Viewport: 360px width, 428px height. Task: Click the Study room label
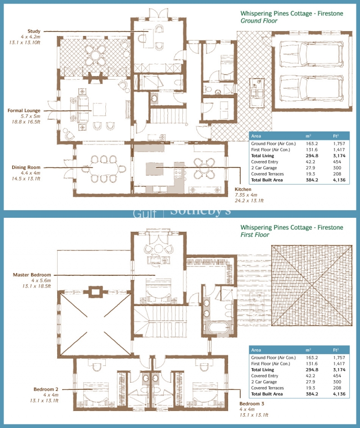click(x=34, y=31)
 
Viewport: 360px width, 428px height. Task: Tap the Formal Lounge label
click(x=24, y=111)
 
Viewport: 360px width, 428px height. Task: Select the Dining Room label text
click(x=26, y=167)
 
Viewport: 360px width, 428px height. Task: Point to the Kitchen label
click(x=243, y=189)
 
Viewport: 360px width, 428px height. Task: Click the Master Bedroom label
click(x=32, y=275)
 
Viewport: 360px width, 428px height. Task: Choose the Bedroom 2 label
click(x=46, y=389)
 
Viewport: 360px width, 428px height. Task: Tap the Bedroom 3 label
click(x=252, y=403)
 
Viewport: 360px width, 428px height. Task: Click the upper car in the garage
click(x=311, y=54)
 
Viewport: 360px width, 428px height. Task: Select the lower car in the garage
click(x=311, y=88)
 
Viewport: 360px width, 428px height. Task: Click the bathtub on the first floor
click(x=218, y=327)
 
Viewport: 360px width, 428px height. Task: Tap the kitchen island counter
click(x=154, y=169)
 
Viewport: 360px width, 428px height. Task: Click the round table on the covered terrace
click(x=95, y=55)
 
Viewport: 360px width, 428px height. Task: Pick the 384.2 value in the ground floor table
click(x=312, y=180)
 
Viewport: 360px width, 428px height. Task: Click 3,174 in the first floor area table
click(x=339, y=369)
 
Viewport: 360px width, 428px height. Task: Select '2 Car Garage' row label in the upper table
click(x=264, y=168)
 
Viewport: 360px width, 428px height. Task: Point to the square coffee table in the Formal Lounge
click(x=99, y=109)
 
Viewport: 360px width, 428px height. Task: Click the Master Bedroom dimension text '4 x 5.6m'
click(x=41, y=280)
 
